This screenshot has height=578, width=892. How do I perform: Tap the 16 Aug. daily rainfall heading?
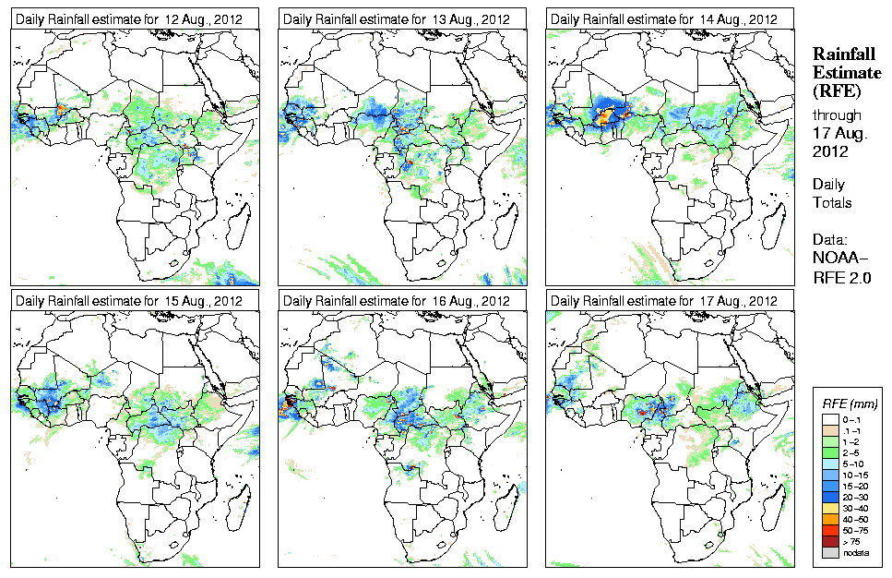(397, 301)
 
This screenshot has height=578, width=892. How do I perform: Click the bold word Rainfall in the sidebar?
(843, 54)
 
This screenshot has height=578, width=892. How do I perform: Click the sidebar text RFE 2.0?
(842, 276)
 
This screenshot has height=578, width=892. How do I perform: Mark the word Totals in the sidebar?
(832, 202)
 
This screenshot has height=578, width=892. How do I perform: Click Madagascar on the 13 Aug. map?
(505, 225)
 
